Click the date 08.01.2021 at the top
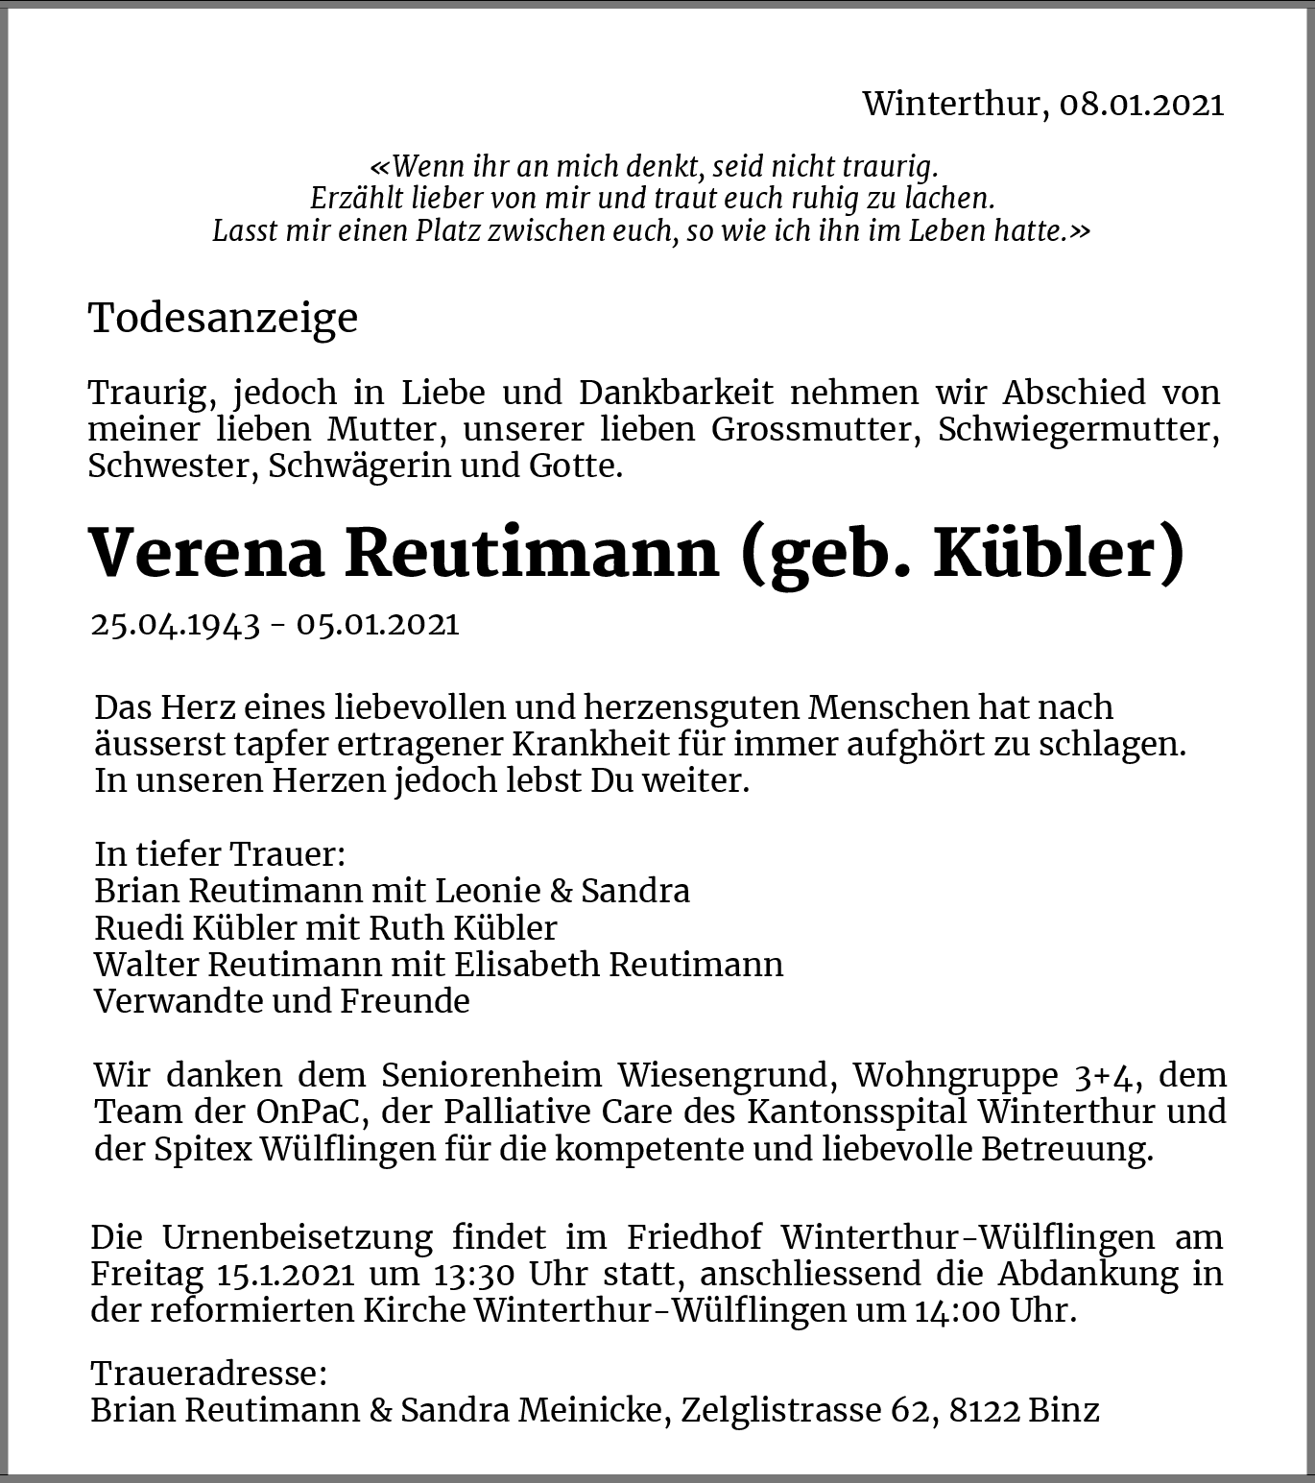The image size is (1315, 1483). coord(1141,104)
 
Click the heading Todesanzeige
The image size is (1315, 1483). coord(223,318)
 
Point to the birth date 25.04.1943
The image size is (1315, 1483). coord(176,624)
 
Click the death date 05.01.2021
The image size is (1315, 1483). coord(377,624)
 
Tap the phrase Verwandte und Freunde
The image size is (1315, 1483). coord(282,1000)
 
